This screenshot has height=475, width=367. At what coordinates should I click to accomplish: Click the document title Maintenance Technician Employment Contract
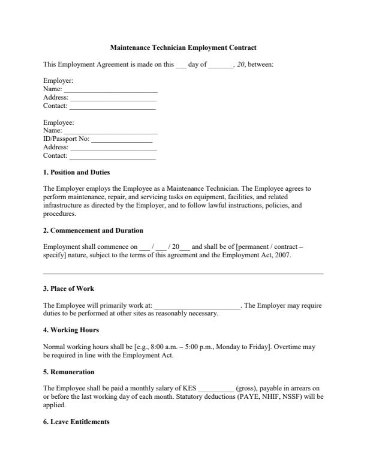183,47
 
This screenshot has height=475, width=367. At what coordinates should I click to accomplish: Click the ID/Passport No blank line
122,139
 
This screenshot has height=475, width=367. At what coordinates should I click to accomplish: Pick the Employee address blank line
113,148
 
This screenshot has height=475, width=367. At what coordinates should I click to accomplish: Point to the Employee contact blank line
112,156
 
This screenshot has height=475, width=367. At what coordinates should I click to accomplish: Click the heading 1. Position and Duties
76,172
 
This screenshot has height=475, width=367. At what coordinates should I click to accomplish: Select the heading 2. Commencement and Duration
93,230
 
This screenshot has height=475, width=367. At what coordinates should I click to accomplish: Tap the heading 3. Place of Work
69,288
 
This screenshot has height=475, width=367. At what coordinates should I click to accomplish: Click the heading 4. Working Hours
71,330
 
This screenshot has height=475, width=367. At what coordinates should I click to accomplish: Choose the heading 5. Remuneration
69,371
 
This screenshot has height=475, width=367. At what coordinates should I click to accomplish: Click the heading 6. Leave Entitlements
76,422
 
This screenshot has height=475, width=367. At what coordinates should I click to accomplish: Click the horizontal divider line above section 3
183,273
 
